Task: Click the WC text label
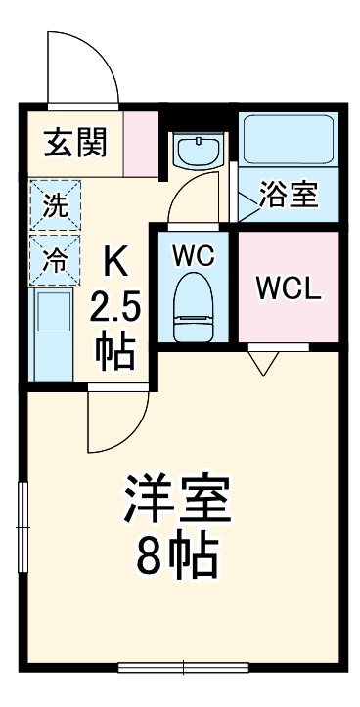pyautogui.click(x=193, y=256)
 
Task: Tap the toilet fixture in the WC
pyautogui.click(x=194, y=305)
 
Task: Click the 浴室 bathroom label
pyautogui.click(x=289, y=195)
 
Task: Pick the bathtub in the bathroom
pyautogui.click(x=289, y=139)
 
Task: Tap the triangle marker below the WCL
pyautogui.click(x=261, y=363)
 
